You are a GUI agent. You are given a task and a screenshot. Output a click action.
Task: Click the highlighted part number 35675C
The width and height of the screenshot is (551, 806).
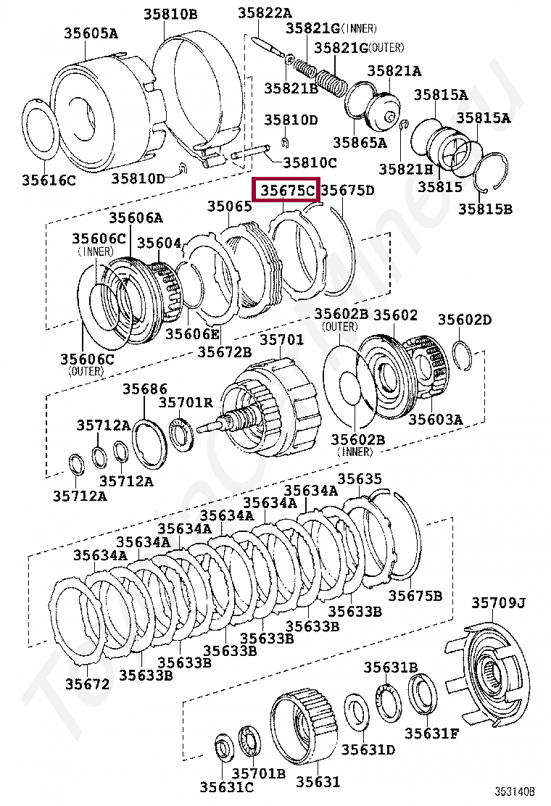pyautogui.click(x=288, y=191)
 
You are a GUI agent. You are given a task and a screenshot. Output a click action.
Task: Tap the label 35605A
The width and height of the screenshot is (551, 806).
pyautogui.click(x=90, y=33)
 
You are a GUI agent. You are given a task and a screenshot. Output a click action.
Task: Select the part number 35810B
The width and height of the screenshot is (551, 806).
pyautogui.click(x=170, y=14)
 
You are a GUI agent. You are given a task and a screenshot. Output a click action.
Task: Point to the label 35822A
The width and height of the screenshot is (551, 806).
pyautogui.click(x=265, y=13)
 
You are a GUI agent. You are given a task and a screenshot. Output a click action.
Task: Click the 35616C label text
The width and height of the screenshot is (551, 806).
pyautogui.click(x=49, y=180)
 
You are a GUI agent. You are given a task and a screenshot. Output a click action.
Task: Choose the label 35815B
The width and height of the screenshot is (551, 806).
pyautogui.click(x=485, y=209)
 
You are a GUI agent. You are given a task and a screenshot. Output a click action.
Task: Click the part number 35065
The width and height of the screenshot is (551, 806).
pyautogui.click(x=229, y=207)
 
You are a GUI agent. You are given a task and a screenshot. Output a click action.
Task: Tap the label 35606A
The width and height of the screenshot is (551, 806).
pyautogui.click(x=136, y=217)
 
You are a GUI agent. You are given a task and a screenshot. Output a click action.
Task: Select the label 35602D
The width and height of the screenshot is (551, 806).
pyautogui.click(x=465, y=320)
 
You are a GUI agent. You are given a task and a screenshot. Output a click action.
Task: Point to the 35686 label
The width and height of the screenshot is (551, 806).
pyautogui.click(x=144, y=389)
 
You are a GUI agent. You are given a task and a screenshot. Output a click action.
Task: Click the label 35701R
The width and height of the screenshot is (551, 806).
pyautogui.click(x=186, y=403)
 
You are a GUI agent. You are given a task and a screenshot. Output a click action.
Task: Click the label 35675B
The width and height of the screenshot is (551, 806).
pyautogui.click(x=415, y=596)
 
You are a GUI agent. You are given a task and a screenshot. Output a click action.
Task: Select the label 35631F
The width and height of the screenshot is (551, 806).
pyautogui.click(x=432, y=734)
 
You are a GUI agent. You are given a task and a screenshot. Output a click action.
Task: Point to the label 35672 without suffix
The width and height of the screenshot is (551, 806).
pyautogui.click(x=87, y=684)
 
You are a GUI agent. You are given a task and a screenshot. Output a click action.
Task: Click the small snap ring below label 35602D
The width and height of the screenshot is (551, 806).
pyautogui.click(x=463, y=352)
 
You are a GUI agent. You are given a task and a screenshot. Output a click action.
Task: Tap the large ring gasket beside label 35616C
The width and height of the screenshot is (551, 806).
pyautogui.click(x=42, y=134)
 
